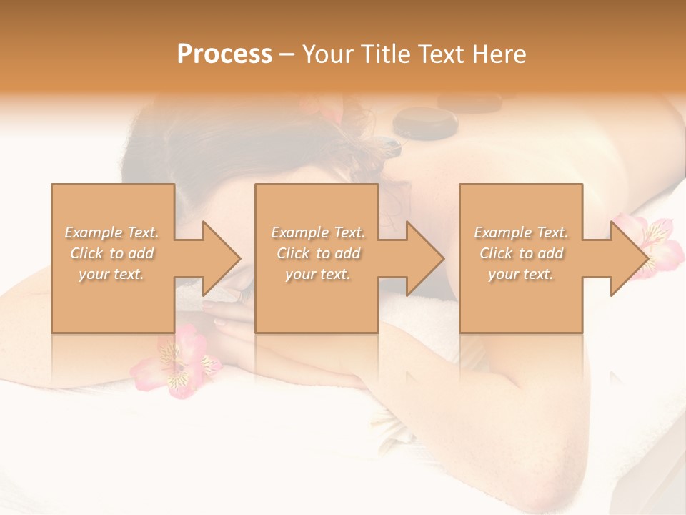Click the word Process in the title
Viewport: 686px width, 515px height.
pyautogui.click(x=224, y=54)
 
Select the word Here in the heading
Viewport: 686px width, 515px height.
pyautogui.click(x=499, y=54)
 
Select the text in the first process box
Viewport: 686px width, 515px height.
pyautogui.click(x=112, y=253)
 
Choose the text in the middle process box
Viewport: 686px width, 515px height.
pyautogui.click(x=318, y=253)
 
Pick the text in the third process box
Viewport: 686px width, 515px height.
pyautogui.click(x=521, y=253)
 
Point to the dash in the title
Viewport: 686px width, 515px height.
pyautogui.click(x=287, y=55)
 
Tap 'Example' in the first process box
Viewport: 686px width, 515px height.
pyautogui.click(x=94, y=232)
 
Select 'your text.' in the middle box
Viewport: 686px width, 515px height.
pyautogui.click(x=318, y=274)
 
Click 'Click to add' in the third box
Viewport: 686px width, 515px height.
pyautogui.click(x=521, y=253)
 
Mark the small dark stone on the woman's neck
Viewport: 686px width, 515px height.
pyautogui.click(x=389, y=146)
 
